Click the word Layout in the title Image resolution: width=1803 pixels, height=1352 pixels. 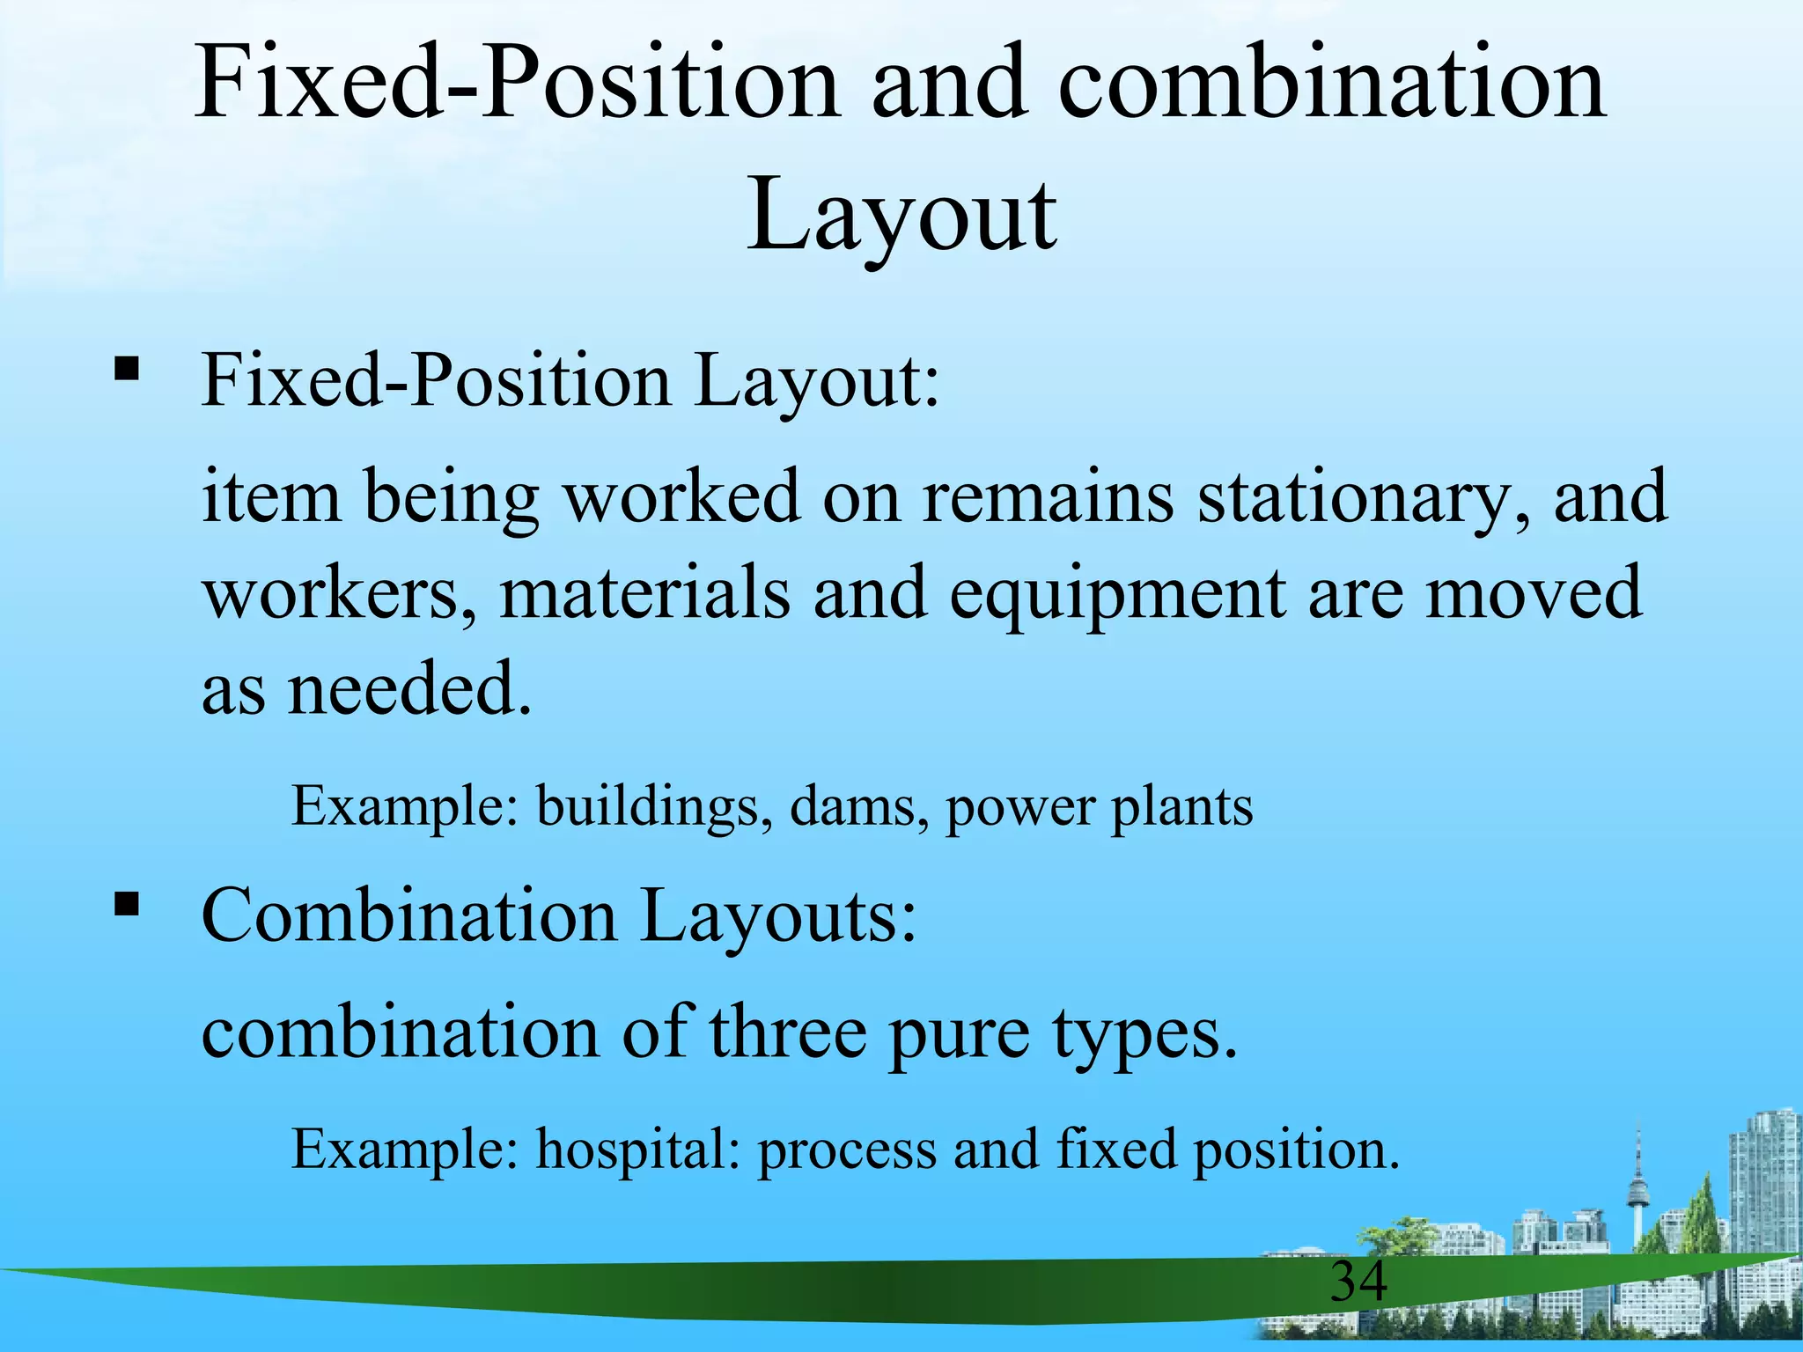pos(901,216)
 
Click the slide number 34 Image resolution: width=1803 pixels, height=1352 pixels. pos(1358,1282)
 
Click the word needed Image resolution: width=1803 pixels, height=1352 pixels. pos(409,689)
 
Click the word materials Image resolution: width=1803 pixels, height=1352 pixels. pos(644,593)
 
